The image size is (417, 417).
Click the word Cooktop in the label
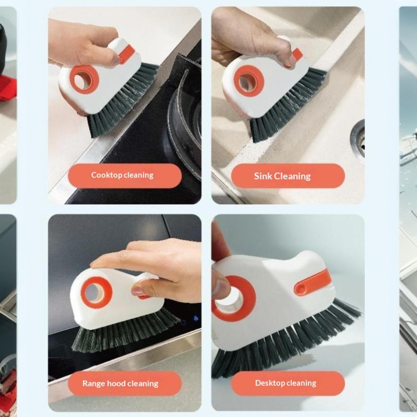[x=106, y=175]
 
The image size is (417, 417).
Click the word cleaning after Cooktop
[x=138, y=175]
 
